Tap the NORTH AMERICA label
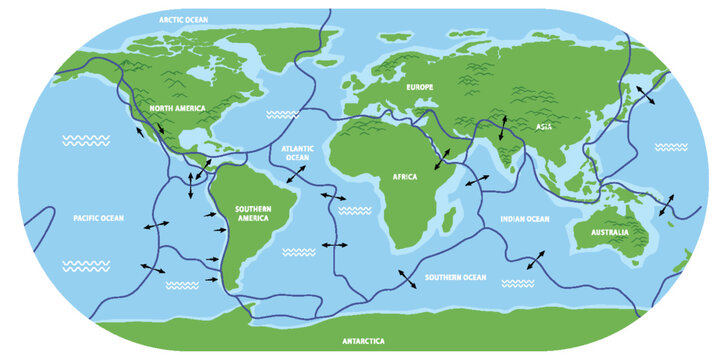(178, 107)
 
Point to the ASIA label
(544, 127)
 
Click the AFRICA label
(405, 176)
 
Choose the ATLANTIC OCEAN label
(297, 152)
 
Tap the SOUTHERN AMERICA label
(254, 215)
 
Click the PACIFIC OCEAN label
(98, 217)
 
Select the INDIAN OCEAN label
(525, 218)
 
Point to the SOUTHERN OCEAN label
(455, 277)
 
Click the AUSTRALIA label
(610, 233)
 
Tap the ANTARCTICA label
(364, 341)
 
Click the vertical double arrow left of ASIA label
(503, 128)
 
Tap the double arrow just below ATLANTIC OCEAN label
(297, 175)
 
